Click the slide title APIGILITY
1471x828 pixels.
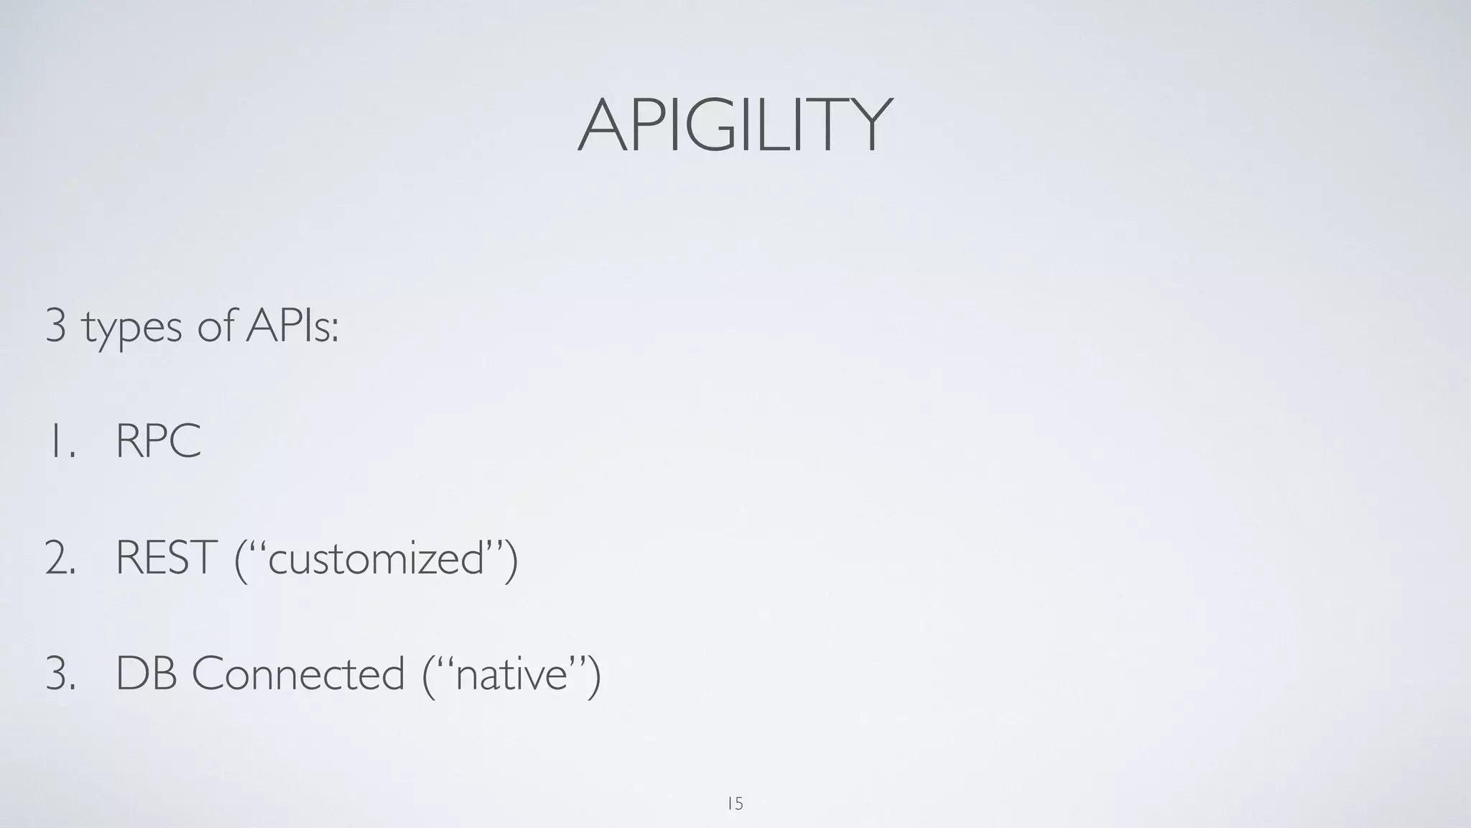(x=735, y=126)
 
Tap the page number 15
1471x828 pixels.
(x=735, y=803)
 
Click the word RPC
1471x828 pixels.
(x=158, y=441)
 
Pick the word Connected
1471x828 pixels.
(x=297, y=675)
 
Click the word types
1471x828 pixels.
(x=132, y=328)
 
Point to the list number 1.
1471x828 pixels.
(x=59, y=441)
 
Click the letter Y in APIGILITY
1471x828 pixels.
(x=869, y=126)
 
